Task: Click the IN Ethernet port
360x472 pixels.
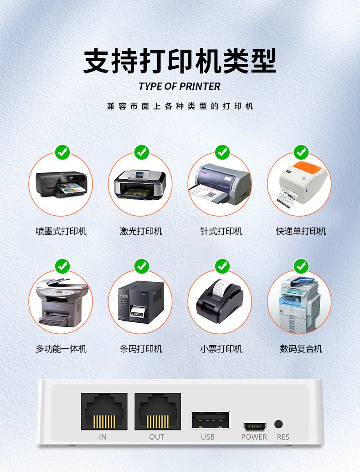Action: click(x=104, y=411)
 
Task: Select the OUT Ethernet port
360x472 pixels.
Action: click(x=158, y=411)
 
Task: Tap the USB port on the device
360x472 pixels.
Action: click(x=210, y=420)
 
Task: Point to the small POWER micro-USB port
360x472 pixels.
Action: click(x=255, y=426)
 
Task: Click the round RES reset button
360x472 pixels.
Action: click(x=278, y=424)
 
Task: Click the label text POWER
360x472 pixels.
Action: click(x=254, y=437)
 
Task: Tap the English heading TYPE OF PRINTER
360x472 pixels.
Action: click(x=180, y=86)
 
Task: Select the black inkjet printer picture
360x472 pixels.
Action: click(x=62, y=184)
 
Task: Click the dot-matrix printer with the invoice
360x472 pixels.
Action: click(x=220, y=185)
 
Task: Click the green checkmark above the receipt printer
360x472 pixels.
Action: click(x=222, y=266)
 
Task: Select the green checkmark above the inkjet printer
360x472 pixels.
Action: click(x=62, y=152)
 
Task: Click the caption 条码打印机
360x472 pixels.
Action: click(x=141, y=349)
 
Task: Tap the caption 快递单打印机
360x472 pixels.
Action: click(x=301, y=231)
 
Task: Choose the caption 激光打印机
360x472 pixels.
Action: click(x=141, y=231)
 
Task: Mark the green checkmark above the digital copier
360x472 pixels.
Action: click(x=301, y=266)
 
